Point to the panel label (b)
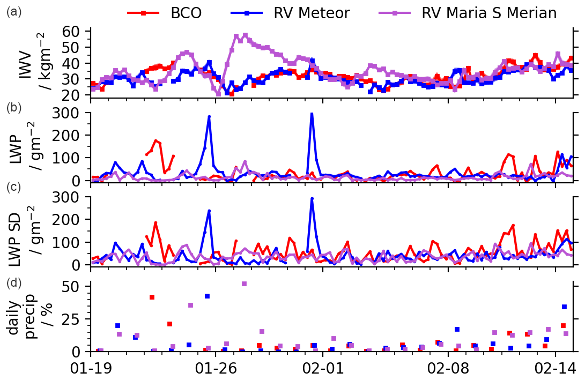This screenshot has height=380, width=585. (14, 108)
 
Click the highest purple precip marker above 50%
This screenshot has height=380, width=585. (244, 284)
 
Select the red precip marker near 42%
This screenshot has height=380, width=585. (152, 297)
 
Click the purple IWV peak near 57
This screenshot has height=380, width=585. (245, 35)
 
